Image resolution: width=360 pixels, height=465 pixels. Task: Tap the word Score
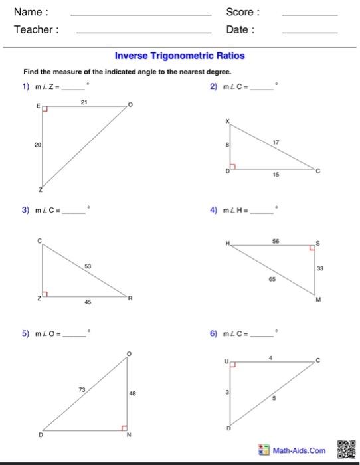point(243,12)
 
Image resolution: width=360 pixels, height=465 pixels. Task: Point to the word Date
point(240,29)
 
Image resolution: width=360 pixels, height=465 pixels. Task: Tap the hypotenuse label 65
point(272,280)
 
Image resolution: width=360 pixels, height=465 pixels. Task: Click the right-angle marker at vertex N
point(124,428)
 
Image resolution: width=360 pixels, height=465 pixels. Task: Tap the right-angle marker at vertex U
point(233,364)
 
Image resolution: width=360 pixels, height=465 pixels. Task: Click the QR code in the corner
point(347,449)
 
